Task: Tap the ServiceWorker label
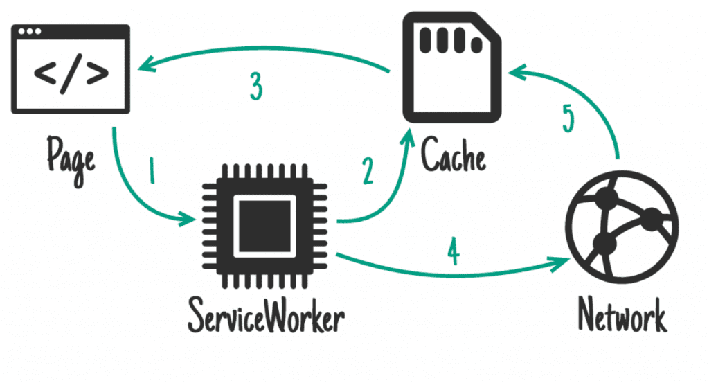[x=266, y=319]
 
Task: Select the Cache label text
[x=454, y=154]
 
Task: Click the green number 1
[x=152, y=170]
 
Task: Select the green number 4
[x=453, y=252]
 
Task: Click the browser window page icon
[x=71, y=69]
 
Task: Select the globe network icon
[x=622, y=226]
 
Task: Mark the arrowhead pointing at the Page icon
[x=143, y=66]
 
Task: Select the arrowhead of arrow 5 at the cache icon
[x=514, y=71]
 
